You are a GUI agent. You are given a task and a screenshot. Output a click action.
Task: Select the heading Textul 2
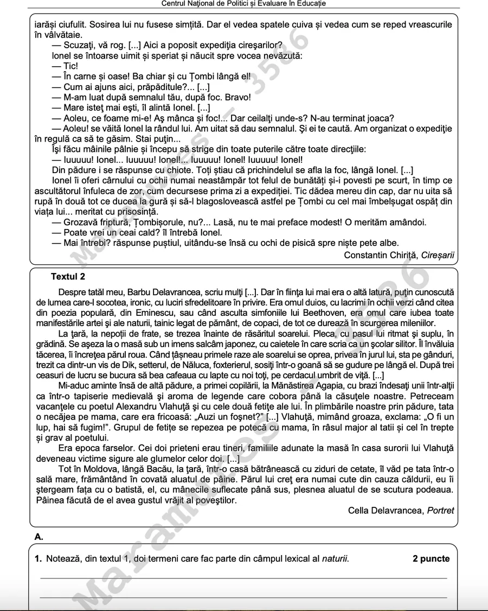pyautogui.click(x=68, y=277)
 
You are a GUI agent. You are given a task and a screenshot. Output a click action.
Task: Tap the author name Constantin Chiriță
pyautogui.click(x=381, y=255)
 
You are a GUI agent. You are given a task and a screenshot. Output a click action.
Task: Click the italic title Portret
pyautogui.click(x=441, y=511)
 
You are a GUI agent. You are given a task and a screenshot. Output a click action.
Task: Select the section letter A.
pyautogui.click(x=38, y=537)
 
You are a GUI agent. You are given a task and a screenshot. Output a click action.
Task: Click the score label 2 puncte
pyautogui.click(x=431, y=559)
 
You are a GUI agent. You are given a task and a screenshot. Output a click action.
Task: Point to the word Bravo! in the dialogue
pyautogui.click(x=236, y=98)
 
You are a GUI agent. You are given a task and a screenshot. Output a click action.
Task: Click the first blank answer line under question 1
pyautogui.click(x=244, y=578)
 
